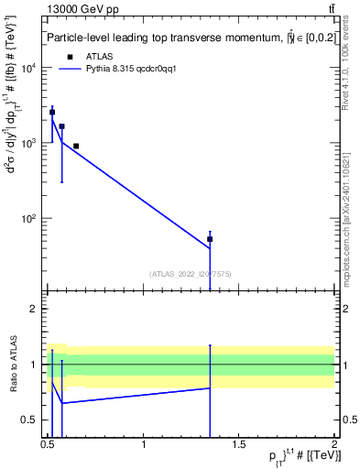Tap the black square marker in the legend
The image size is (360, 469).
click(x=70, y=56)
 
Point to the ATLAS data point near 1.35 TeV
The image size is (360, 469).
click(x=210, y=239)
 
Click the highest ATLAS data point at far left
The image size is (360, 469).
click(x=52, y=112)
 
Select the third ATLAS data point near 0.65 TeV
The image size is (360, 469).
click(x=76, y=146)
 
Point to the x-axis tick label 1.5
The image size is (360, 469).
click(x=238, y=444)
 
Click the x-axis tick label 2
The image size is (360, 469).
click(x=333, y=444)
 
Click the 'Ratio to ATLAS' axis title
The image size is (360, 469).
click(x=13, y=364)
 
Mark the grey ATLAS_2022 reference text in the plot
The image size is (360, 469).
click(x=190, y=273)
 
